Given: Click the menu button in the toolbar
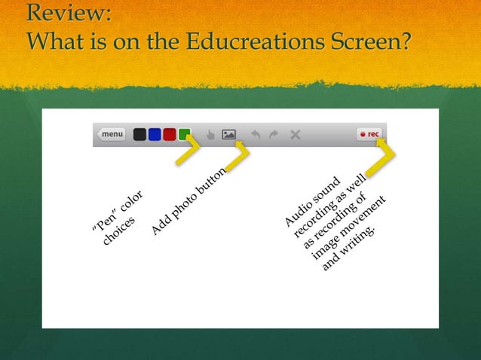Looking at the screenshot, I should (112, 135).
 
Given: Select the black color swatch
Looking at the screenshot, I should (139, 135).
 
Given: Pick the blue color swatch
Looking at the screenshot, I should (155, 135).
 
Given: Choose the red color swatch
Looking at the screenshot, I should (170, 135).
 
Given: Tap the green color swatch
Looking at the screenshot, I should (184, 135).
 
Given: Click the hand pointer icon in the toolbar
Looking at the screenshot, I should (210, 136).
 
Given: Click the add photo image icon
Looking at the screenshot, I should (229, 136).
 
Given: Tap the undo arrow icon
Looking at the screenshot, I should (256, 136).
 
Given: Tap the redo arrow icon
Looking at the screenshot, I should (274, 136).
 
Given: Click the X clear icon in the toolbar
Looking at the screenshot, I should (295, 136).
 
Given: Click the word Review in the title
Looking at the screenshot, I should (68, 14).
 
